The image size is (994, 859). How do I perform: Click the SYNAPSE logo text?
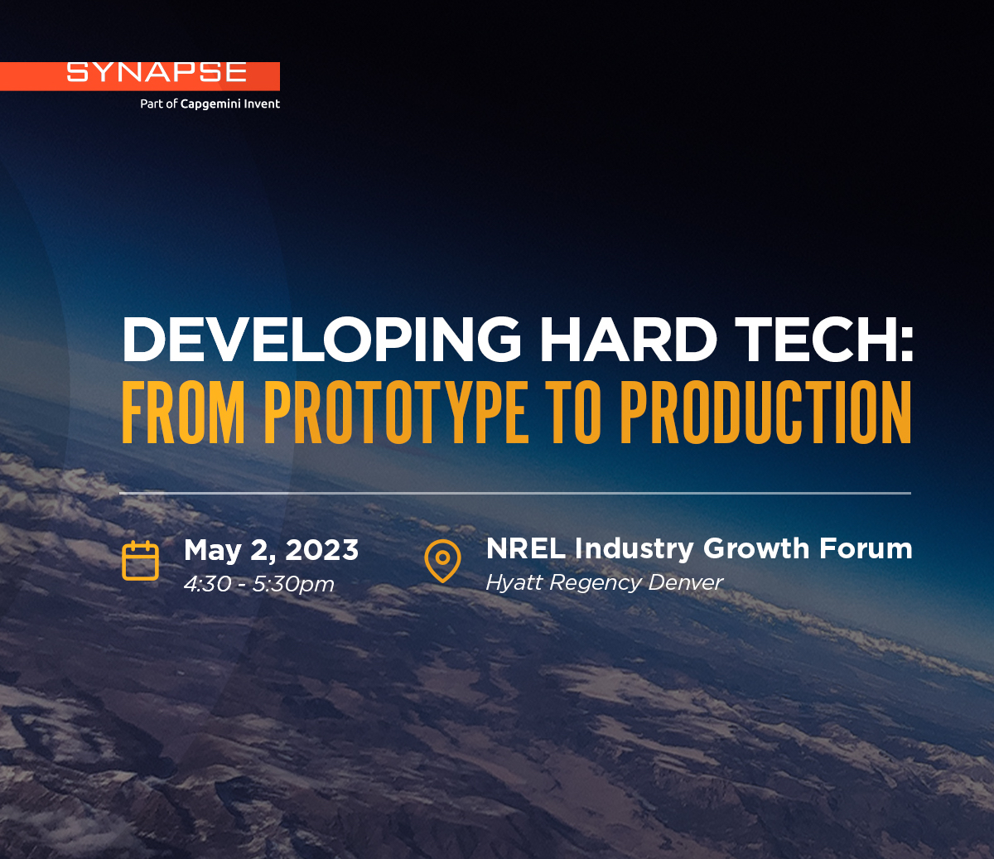(x=157, y=72)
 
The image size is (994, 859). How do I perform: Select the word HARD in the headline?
(x=629, y=339)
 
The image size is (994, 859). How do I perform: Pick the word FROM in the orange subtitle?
(x=183, y=413)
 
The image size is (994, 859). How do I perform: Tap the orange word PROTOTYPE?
(x=396, y=413)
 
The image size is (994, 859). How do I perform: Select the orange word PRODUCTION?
(x=765, y=413)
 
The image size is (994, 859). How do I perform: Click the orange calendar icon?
(x=141, y=560)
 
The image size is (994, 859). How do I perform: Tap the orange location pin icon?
(x=442, y=561)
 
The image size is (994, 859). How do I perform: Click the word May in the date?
(x=212, y=551)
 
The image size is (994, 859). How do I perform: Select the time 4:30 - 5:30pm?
(x=258, y=584)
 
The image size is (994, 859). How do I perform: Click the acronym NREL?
(x=526, y=548)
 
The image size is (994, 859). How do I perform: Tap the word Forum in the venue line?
(x=866, y=548)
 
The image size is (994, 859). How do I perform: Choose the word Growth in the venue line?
(x=756, y=548)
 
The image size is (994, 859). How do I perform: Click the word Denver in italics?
(x=685, y=582)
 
